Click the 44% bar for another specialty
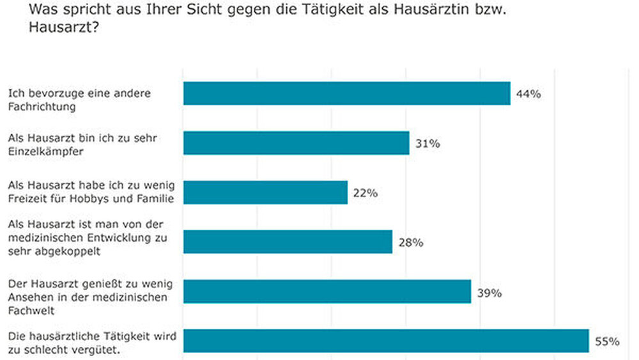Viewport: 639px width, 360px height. (346, 93)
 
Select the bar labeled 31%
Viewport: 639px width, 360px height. (296, 143)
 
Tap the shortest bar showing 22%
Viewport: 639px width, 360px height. (265, 192)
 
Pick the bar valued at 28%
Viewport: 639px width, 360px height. (288, 242)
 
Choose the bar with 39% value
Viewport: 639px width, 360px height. (327, 292)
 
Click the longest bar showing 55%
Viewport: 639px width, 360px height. (385, 341)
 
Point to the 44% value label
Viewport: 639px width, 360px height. (528, 94)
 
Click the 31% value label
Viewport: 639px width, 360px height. (427, 143)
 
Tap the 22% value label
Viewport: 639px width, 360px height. (366, 193)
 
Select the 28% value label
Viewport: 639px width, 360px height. (410, 242)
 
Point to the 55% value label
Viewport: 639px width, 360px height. (607, 341)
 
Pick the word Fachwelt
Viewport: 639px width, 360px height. (30, 309)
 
